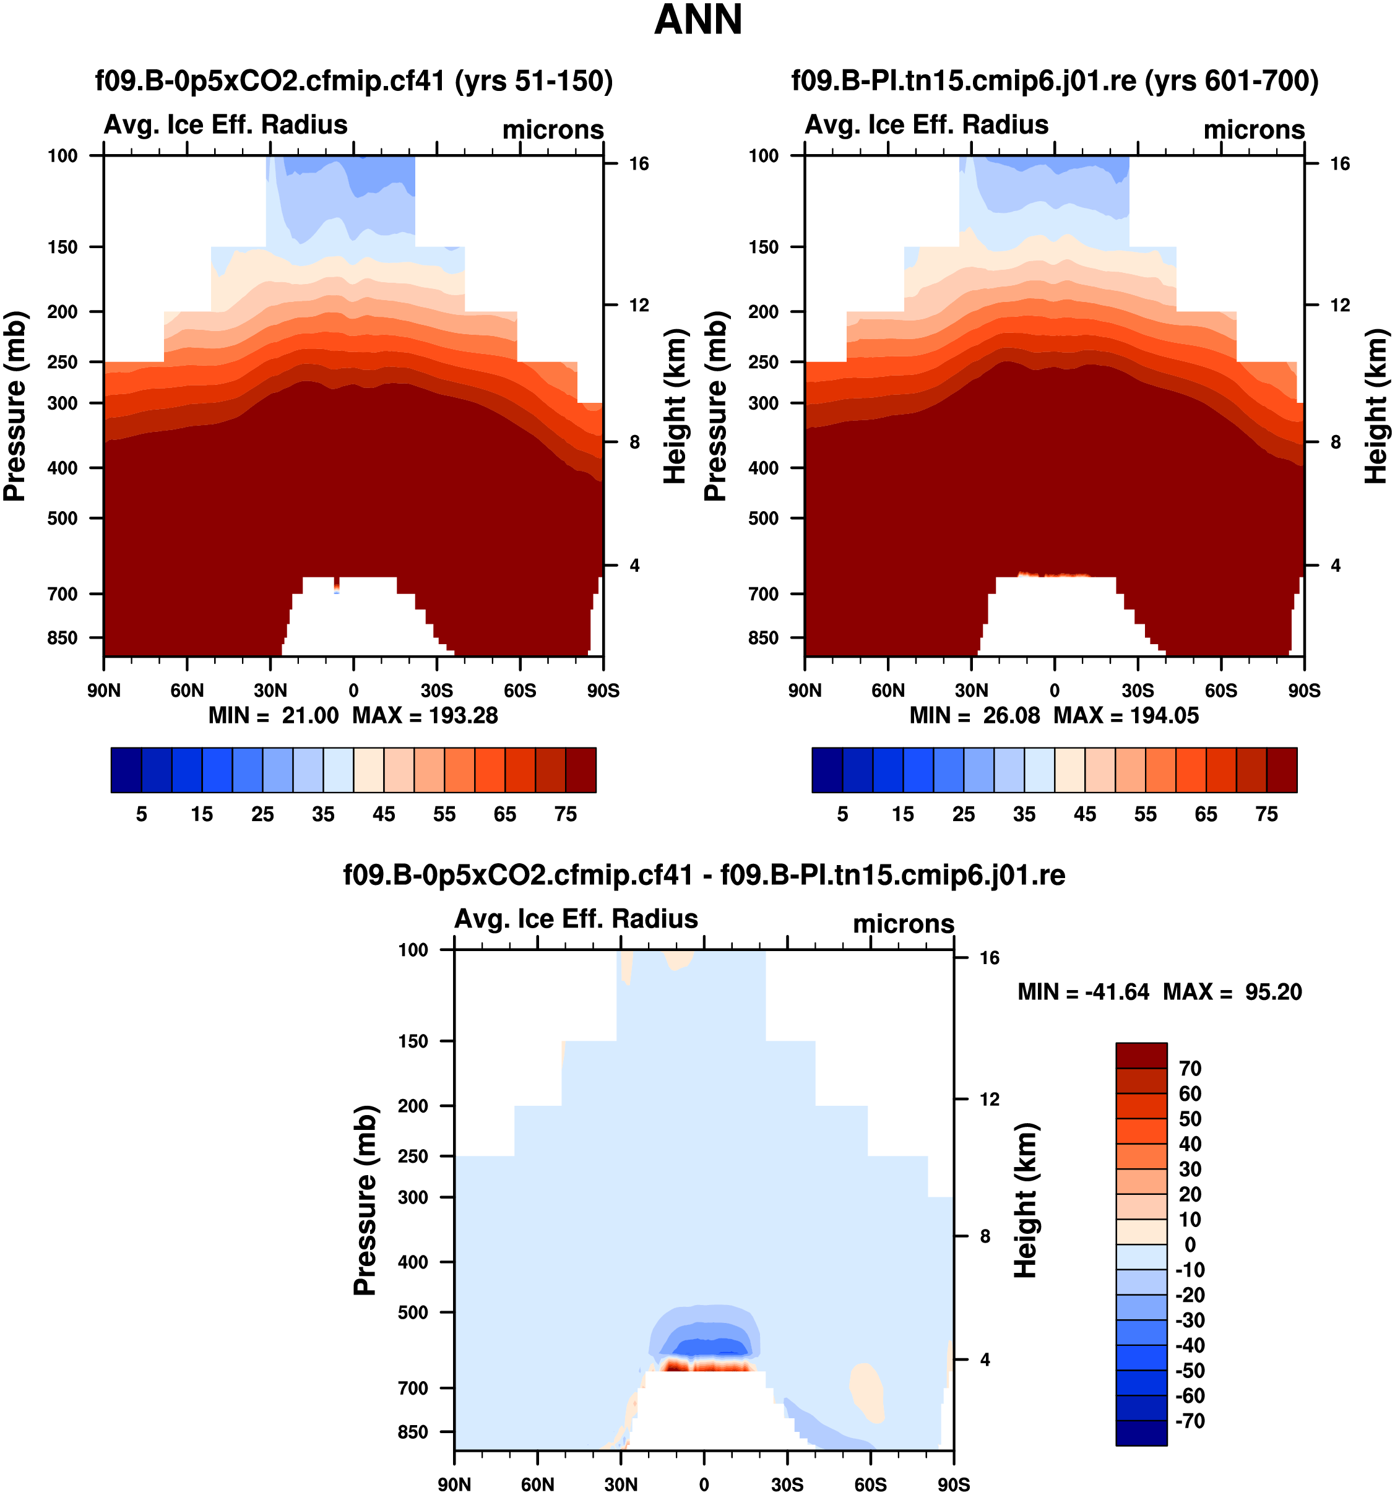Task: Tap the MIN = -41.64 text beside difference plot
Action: click(1083, 992)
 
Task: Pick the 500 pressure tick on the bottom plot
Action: click(413, 1312)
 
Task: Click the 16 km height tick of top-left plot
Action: click(639, 164)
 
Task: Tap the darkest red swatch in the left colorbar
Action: click(580, 769)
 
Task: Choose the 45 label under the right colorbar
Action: click(1084, 814)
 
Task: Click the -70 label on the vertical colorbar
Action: click(1190, 1421)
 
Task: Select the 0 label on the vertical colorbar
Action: click(1190, 1244)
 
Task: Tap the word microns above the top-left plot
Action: click(553, 130)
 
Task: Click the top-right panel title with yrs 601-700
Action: click(1055, 80)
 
